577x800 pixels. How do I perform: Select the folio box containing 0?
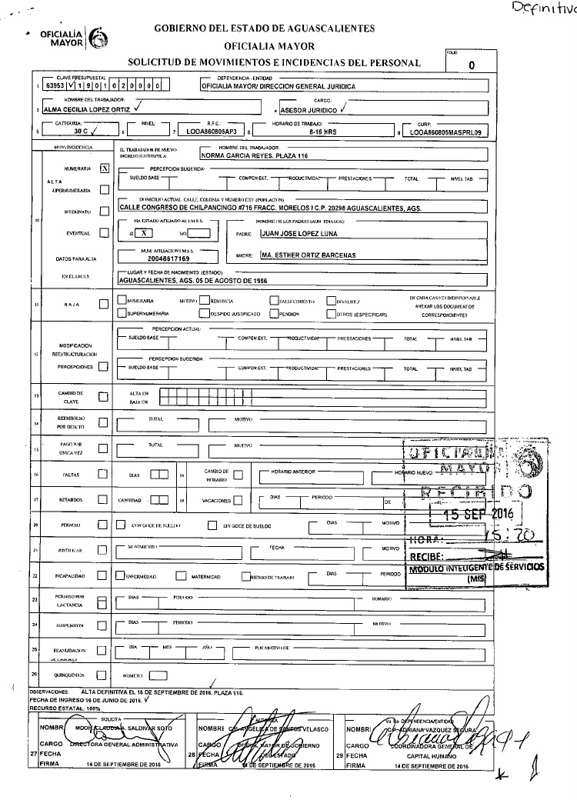tap(471, 65)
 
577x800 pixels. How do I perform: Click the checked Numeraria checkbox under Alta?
tap(105, 167)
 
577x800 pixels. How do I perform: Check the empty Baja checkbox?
tap(104, 305)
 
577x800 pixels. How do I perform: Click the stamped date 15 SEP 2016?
tap(472, 514)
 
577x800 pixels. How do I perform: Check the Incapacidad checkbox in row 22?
tap(104, 575)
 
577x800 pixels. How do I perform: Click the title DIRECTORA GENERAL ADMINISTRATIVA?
tap(125, 745)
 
